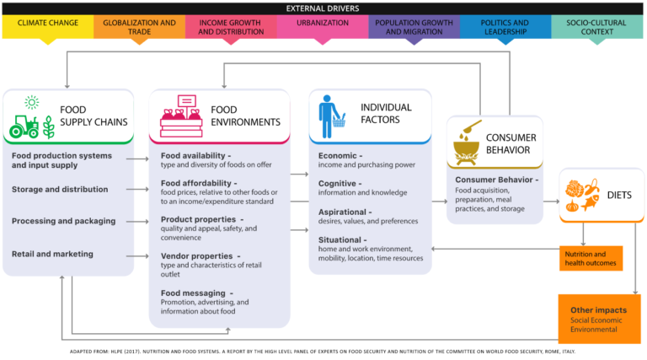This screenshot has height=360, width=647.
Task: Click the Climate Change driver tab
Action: point(47,26)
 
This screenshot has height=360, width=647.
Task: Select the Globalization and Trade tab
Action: point(139,26)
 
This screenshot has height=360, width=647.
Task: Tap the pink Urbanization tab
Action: point(323,26)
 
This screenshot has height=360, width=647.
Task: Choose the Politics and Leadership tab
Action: point(505,26)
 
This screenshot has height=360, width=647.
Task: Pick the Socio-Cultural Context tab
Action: point(597,26)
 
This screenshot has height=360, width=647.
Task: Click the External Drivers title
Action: point(323,7)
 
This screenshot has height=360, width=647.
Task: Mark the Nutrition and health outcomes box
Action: point(591,258)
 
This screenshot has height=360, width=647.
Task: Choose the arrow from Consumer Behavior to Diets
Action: point(550,201)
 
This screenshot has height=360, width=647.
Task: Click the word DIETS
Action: point(622,195)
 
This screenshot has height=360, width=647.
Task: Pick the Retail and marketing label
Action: point(52,254)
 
